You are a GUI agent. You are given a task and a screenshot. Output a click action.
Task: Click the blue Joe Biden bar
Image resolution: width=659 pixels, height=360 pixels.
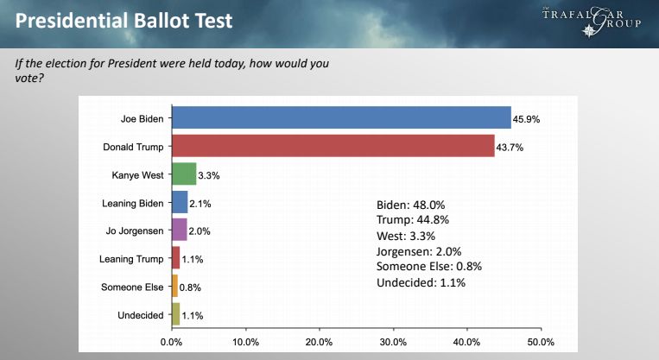coord(341,117)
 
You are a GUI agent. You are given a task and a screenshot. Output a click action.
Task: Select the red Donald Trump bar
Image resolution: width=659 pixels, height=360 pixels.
coord(333,146)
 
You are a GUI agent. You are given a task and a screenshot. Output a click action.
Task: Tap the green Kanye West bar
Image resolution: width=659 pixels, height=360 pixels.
coord(184,174)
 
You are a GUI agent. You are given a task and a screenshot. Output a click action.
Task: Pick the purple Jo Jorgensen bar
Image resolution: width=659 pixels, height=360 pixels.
coord(180,231)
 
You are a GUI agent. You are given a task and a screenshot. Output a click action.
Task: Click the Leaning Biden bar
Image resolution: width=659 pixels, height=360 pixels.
coord(180,203)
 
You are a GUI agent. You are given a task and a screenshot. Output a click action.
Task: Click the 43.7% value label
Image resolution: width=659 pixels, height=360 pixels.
coord(510,147)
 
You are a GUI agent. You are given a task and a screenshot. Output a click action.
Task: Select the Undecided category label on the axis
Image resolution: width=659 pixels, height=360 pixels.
coord(140,315)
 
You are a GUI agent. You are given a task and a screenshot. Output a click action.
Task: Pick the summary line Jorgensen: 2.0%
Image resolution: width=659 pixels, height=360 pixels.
coord(421,250)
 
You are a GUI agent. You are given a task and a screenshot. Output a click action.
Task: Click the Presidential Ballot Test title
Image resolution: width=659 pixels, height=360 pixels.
coord(124,20)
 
